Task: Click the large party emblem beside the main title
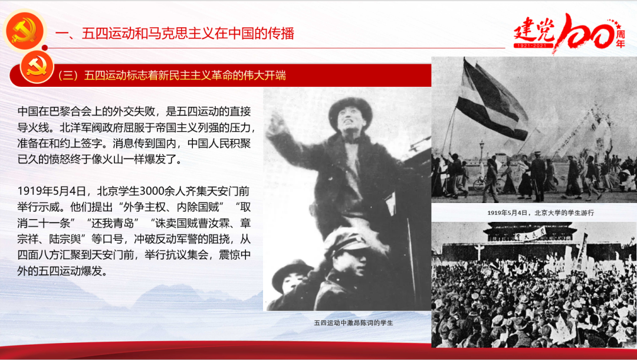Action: click(x=24, y=31)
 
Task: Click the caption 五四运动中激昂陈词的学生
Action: click(x=353, y=323)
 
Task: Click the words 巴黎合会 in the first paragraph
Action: click(x=61, y=112)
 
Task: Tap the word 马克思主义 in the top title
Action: click(x=188, y=33)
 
